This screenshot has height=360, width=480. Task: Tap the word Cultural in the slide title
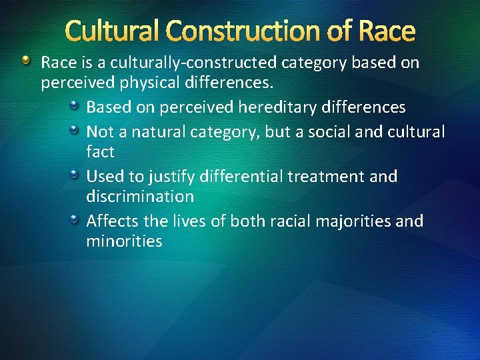tap(114, 31)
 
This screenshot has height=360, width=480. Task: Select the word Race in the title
tap(386, 31)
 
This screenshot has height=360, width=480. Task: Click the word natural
tap(159, 132)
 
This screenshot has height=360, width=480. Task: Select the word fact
tap(100, 152)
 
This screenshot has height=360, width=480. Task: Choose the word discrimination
tap(140, 197)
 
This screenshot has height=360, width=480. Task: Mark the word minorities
tap(124, 241)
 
